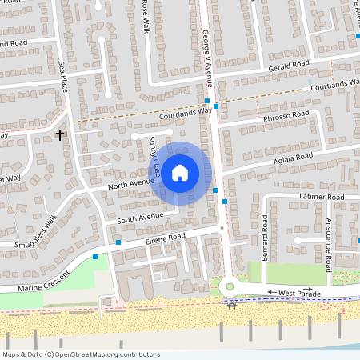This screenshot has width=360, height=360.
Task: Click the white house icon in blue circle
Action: [180, 171]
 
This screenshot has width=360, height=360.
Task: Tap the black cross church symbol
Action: [59, 135]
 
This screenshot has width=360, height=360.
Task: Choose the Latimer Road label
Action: [322, 197]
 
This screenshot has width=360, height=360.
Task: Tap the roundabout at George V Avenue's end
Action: [230, 286]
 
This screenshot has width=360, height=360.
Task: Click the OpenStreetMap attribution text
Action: [81, 354]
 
